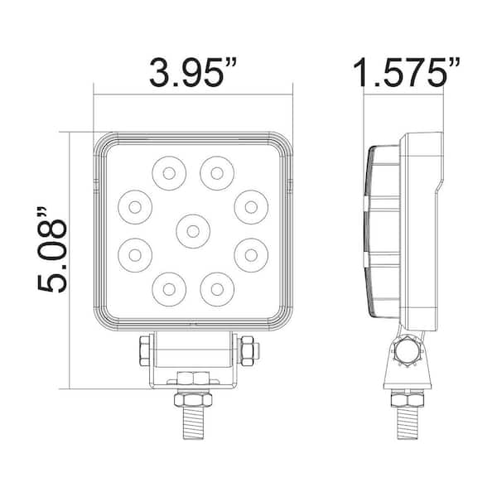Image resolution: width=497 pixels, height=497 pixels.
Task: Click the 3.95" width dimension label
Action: [x=190, y=73]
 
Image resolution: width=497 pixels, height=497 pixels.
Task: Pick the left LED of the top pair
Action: [x=168, y=173]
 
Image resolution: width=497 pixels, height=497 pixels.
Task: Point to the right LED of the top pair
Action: [x=217, y=173]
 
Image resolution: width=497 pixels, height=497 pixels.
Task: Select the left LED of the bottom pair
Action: [x=168, y=289]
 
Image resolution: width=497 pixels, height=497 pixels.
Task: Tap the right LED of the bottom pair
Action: [x=217, y=289]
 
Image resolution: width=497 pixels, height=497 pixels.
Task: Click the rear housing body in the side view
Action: [x=418, y=224]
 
